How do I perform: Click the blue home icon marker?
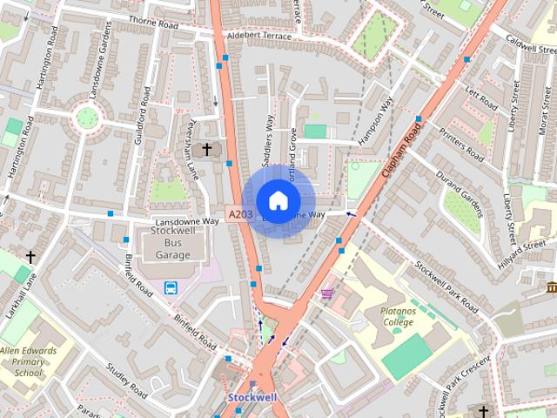[x=277, y=200]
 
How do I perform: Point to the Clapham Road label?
[x=402, y=151]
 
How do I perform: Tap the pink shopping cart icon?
[x=327, y=294]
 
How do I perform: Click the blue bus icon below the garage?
[x=171, y=288]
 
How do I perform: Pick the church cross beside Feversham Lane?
[x=206, y=150]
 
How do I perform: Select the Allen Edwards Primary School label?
[x=22, y=361]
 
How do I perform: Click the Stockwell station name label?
[x=252, y=397]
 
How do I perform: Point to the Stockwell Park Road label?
[x=446, y=287]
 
